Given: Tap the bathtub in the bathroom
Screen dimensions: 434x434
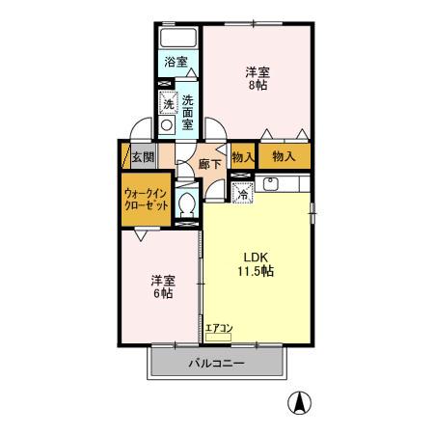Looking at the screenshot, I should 178,38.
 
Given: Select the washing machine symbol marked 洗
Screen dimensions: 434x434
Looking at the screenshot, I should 168,102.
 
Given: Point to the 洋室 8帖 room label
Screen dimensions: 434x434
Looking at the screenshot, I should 257,78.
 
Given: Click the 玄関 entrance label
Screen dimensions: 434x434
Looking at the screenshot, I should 142,156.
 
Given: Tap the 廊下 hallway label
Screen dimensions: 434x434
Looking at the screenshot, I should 210,164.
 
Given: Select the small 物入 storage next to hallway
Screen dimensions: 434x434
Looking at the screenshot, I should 243,156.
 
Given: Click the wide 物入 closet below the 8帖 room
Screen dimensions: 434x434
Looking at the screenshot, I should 284,155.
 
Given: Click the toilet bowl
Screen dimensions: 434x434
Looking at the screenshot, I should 189,205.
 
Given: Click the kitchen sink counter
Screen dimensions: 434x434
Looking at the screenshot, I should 284,183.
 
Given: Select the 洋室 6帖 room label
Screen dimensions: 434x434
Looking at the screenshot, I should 161,286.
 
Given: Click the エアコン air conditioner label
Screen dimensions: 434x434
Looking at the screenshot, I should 219,329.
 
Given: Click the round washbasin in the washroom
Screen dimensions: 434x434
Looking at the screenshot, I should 168,124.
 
